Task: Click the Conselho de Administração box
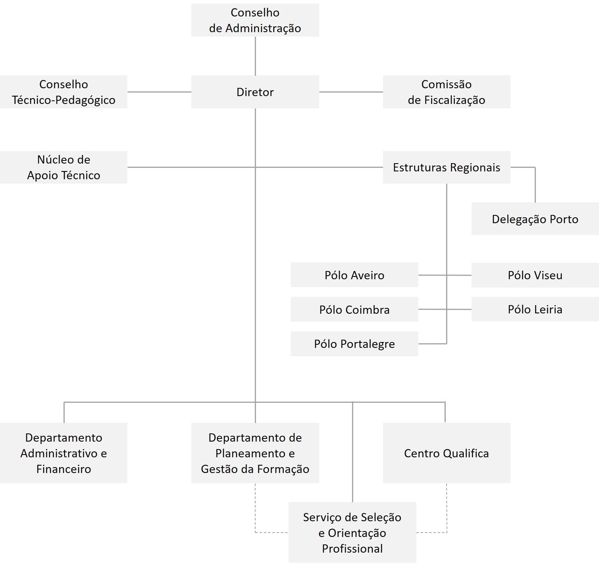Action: point(255,20)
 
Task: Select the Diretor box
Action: point(255,92)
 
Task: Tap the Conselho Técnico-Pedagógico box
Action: point(64,92)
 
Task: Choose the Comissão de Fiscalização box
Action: point(446,92)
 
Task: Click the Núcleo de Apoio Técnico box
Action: point(64,167)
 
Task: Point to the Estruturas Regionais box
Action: point(446,167)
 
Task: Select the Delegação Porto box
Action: point(535,219)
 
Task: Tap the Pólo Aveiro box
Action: point(354,275)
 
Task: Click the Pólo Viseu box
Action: point(535,275)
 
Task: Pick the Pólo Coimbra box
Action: point(354,309)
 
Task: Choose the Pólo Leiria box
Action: point(535,309)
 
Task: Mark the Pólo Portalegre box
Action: point(354,344)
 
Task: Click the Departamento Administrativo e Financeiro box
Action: point(64,453)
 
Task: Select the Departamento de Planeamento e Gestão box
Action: point(255,453)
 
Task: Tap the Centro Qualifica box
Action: point(446,453)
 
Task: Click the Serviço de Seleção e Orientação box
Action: point(352,533)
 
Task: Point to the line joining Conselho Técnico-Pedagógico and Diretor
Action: point(159,92)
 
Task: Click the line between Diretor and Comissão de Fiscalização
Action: point(351,92)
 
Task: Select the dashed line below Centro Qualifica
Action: point(447,510)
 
